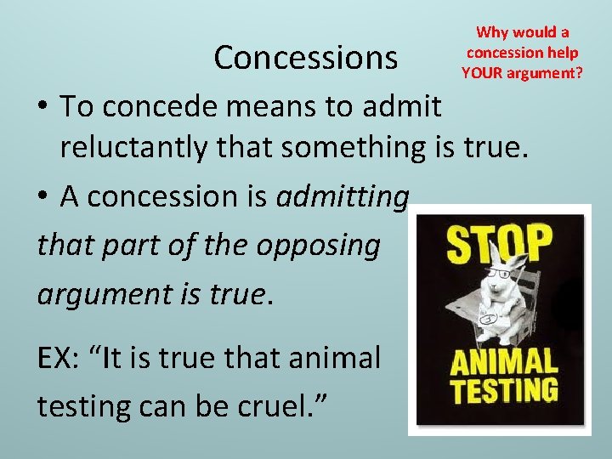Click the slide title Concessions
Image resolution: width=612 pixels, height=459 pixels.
(x=305, y=58)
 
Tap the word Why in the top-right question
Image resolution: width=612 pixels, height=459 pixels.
(x=491, y=32)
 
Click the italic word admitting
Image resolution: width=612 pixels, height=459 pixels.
(x=343, y=196)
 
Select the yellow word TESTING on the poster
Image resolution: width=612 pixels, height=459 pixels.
(x=504, y=391)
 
